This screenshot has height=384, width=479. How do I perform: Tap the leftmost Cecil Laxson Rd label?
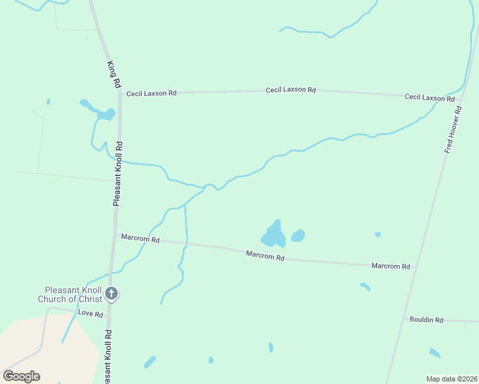tap(151, 93)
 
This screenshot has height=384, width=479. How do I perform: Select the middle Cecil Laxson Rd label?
tap(291, 90)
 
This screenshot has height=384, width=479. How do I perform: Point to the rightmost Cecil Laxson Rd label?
tap(430, 97)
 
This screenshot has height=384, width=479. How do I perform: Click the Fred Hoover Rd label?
tap(453, 129)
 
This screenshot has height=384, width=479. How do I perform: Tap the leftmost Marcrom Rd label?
tap(140, 239)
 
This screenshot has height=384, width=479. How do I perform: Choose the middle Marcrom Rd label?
tap(265, 256)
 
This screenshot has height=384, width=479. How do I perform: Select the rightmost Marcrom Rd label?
tap(391, 266)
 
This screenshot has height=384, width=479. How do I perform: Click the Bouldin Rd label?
tap(426, 319)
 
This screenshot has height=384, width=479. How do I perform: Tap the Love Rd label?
tap(90, 314)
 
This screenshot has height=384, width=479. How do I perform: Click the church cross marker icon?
tap(111, 294)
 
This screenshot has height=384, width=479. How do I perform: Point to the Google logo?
tap(21, 376)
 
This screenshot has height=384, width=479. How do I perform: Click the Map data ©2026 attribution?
tap(451, 378)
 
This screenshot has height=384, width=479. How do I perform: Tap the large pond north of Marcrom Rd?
tap(274, 235)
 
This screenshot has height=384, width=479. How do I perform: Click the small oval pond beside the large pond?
tap(298, 236)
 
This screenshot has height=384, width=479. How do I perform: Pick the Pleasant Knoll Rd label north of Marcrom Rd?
tap(117, 173)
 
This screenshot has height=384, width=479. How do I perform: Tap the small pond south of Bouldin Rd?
tap(435, 353)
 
